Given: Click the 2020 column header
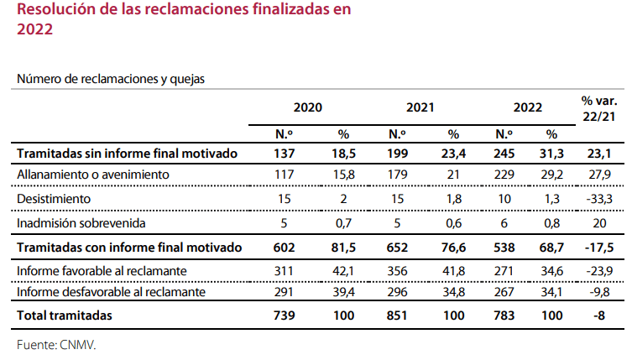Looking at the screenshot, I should (307, 107).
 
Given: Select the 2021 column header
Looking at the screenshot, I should (420, 107).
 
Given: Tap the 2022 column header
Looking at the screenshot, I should (528, 107).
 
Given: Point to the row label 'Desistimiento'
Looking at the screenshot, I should (55, 198).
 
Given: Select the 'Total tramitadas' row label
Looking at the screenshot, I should (65, 316).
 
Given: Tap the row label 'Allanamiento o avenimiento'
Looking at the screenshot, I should (93, 175).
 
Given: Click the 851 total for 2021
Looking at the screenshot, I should (398, 316).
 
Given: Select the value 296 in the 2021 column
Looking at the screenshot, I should (398, 292).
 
